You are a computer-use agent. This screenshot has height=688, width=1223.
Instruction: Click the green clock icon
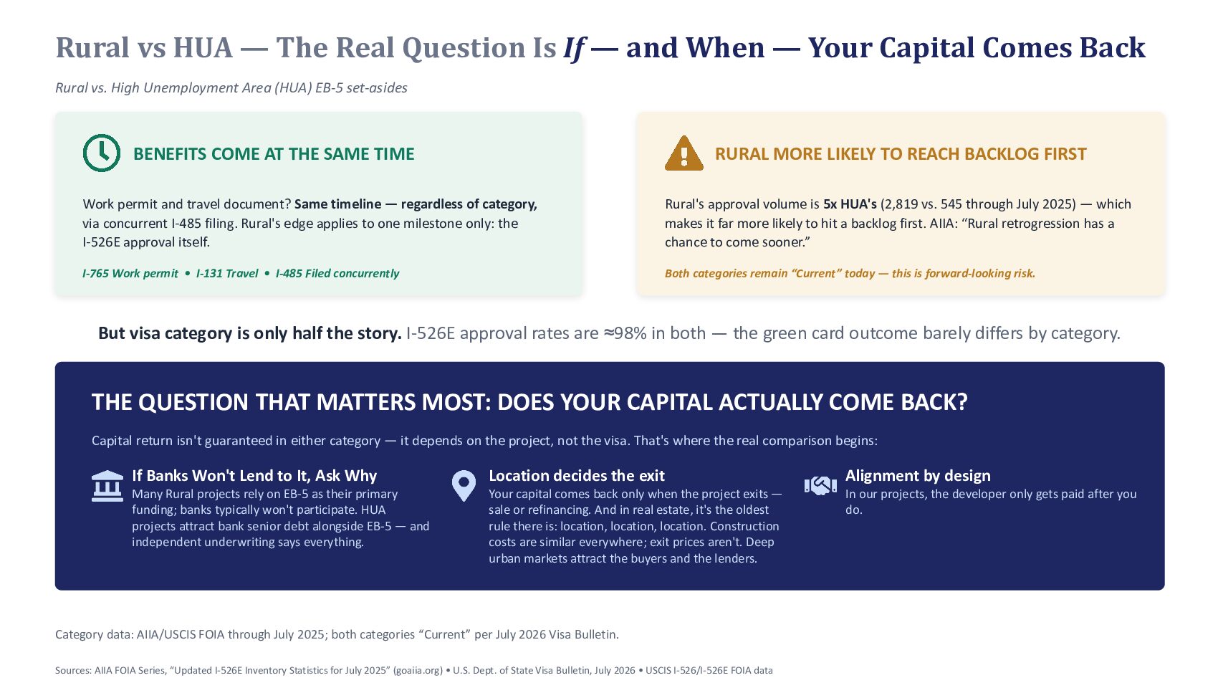[102, 153]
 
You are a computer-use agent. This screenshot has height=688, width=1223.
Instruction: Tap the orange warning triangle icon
[684, 153]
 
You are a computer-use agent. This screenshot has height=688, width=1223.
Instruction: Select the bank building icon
[107, 485]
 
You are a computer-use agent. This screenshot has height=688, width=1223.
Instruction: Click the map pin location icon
[464, 486]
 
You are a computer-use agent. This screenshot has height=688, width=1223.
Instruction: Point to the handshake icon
[820, 485]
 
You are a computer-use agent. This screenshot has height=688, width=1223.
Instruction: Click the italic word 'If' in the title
[574, 48]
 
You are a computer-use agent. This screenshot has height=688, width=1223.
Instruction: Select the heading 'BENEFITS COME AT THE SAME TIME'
[274, 154]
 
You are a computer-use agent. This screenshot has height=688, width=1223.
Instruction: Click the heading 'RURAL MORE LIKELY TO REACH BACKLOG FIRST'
[901, 154]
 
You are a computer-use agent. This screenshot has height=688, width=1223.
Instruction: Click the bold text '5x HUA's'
[850, 204]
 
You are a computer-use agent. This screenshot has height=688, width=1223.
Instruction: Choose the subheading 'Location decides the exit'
[577, 476]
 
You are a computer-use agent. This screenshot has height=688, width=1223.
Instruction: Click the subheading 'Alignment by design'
[918, 476]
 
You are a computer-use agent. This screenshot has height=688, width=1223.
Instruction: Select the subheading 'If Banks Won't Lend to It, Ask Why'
[254, 476]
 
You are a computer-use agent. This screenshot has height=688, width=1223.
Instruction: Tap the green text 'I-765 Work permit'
[130, 273]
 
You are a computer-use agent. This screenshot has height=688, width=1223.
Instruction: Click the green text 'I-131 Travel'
[227, 273]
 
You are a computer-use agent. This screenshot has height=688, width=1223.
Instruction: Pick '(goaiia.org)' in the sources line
[418, 670]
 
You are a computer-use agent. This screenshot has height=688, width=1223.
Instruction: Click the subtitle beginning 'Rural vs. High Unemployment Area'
[231, 88]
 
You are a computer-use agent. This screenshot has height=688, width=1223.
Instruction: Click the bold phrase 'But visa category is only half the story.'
[249, 333]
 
